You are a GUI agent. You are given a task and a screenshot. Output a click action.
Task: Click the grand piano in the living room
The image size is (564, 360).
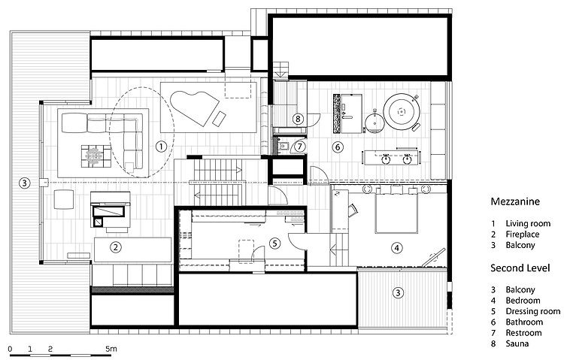194,104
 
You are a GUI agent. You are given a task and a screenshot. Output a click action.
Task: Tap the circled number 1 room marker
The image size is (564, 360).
160,147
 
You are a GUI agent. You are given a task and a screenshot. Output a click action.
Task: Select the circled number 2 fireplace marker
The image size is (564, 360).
116,247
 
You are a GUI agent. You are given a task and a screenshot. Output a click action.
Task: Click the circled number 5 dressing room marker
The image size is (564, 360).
274,243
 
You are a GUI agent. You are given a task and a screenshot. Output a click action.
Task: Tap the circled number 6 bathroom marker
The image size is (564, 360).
338,147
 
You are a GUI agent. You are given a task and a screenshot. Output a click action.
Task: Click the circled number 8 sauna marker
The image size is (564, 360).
298,118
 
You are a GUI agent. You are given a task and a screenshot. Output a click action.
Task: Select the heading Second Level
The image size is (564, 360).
520,268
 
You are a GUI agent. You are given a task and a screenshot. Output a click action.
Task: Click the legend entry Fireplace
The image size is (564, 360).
523,234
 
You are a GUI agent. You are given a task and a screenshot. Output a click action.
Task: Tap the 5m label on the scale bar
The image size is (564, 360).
111,349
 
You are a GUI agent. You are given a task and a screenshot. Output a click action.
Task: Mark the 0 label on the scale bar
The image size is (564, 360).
11,349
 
